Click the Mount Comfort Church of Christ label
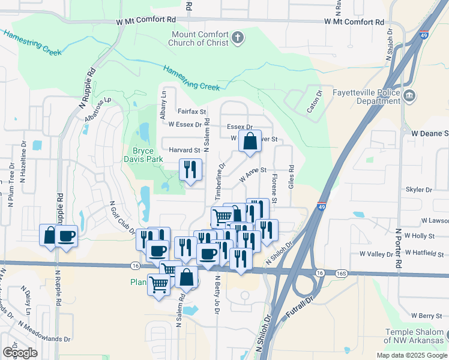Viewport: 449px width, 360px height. click(200, 38)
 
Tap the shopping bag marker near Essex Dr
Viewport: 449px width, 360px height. click(250, 142)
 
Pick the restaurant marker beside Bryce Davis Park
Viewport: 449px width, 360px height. click(191, 170)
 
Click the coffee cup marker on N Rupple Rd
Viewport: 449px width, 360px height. click(67, 235)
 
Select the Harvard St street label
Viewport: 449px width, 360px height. click(184, 150)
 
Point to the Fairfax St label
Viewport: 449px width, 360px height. click(191, 112)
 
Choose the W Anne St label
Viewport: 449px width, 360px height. click(252, 175)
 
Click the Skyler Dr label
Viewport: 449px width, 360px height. click(419, 190)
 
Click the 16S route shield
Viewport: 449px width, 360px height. click(342, 273)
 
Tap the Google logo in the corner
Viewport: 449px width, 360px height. click(20, 352)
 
